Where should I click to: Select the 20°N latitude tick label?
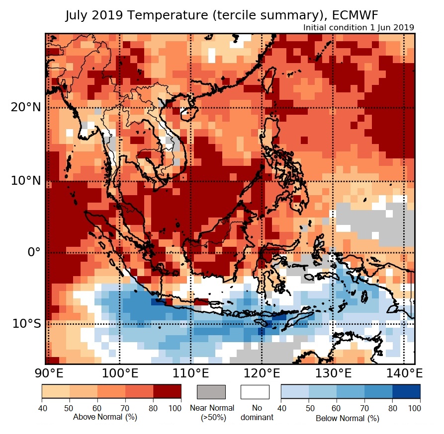(x=26, y=107)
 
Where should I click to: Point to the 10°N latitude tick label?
(x=26, y=181)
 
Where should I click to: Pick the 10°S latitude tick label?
(x=26, y=324)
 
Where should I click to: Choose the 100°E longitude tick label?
(x=119, y=373)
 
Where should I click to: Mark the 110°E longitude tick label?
(x=191, y=373)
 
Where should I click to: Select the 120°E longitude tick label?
(x=262, y=373)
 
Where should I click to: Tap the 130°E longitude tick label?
(x=333, y=373)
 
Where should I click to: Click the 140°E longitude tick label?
(x=403, y=373)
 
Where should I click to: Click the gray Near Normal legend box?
(x=211, y=392)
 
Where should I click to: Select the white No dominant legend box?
(x=255, y=392)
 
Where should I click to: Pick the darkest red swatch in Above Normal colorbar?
(x=167, y=392)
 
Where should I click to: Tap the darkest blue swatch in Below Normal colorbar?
(x=406, y=392)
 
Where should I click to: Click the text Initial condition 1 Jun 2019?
(x=358, y=27)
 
